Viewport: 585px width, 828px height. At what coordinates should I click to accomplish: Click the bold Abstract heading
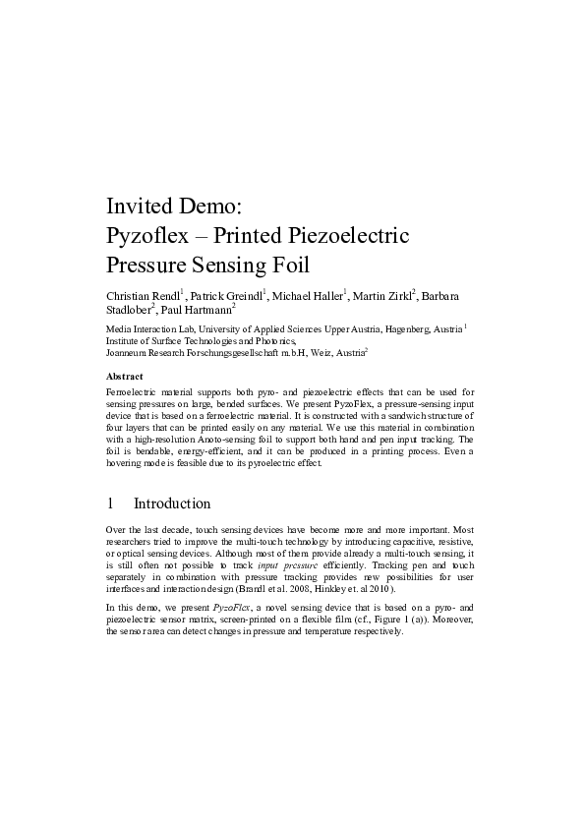(124, 377)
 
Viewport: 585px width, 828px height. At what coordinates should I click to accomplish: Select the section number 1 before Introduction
(111, 504)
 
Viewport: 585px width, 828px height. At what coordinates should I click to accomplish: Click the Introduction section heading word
(172, 504)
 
